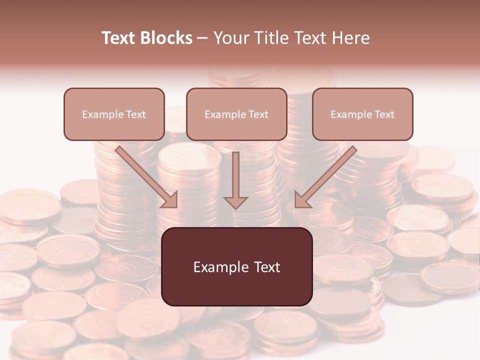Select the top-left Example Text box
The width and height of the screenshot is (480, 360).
(114, 114)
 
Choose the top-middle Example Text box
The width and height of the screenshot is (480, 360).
(236, 114)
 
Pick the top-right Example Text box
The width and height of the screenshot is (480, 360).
(362, 114)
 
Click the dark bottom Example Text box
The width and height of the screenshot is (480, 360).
(236, 266)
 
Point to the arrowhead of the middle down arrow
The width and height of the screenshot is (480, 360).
(236, 202)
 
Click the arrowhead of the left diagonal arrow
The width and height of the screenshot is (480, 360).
(170, 200)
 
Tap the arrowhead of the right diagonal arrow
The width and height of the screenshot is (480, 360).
(301, 200)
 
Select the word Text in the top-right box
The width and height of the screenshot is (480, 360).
(384, 114)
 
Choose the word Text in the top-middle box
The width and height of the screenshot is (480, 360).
(258, 114)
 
